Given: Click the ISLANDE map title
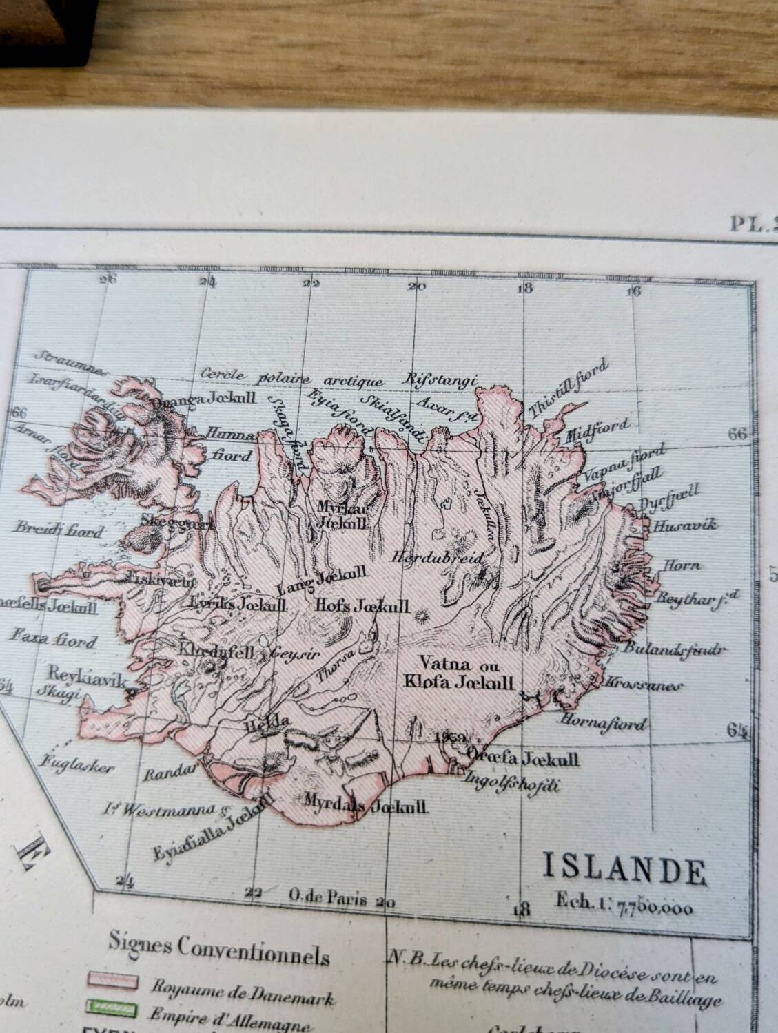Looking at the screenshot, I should point(624,870).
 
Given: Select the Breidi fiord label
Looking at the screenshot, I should point(59,531).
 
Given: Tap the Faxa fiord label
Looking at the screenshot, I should point(62,642).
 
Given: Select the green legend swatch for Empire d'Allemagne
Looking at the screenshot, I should point(112,1008).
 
